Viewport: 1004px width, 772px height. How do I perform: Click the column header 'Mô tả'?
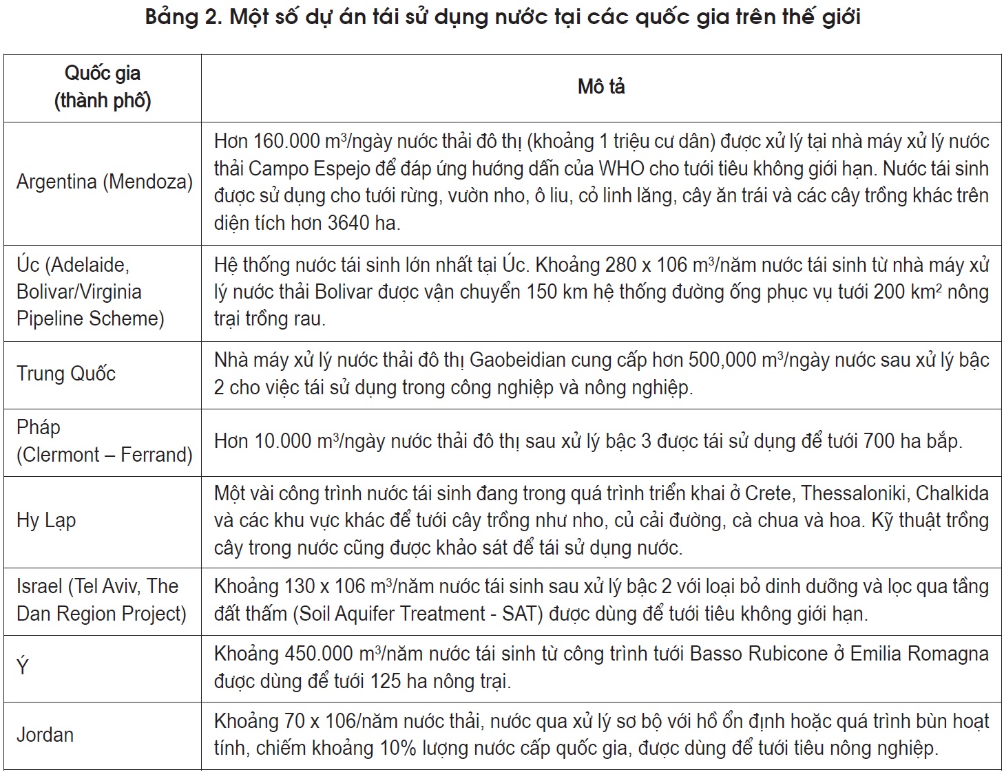(601, 87)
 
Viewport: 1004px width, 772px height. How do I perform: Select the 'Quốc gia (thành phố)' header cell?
(103, 87)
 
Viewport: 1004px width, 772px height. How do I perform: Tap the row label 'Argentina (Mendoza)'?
(104, 182)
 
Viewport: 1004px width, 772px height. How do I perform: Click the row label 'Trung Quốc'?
(66, 374)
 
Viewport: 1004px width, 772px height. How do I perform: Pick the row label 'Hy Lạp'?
(46, 520)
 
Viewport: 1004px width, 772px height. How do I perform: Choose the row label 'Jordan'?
(45, 735)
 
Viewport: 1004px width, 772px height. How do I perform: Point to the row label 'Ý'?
(23, 667)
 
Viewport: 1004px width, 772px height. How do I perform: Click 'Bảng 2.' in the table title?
(183, 16)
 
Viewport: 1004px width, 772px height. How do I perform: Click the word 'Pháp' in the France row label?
(39, 427)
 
